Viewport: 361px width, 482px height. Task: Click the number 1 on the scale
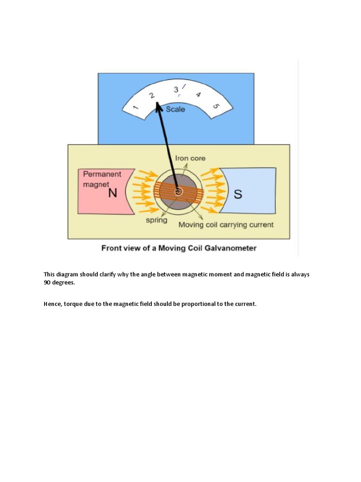pyautogui.click(x=136, y=108)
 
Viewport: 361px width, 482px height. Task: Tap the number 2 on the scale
pyautogui.click(x=152, y=95)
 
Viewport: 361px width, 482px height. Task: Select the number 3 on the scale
pyautogui.click(x=176, y=89)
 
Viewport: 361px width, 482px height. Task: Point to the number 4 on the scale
pyautogui.click(x=198, y=95)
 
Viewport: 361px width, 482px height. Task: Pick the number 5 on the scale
pyautogui.click(x=216, y=106)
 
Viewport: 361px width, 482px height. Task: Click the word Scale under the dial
pyautogui.click(x=176, y=109)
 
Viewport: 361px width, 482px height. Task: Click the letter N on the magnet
pyautogui.click(x=112, y=193)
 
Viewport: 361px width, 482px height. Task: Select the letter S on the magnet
pyautogui.click(x=238, y=194)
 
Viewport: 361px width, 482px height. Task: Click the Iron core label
pyautogui.click(x=190, y=159)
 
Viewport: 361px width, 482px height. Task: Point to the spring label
pyautogui.click(x=157, y=220)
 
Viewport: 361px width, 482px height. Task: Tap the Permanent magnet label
pyautogui.click(x=102, y=179)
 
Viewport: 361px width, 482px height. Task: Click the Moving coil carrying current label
pyautogui.click(x=226, y=225)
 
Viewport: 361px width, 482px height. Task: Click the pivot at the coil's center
pyautogui.click(x=178, y=192)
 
